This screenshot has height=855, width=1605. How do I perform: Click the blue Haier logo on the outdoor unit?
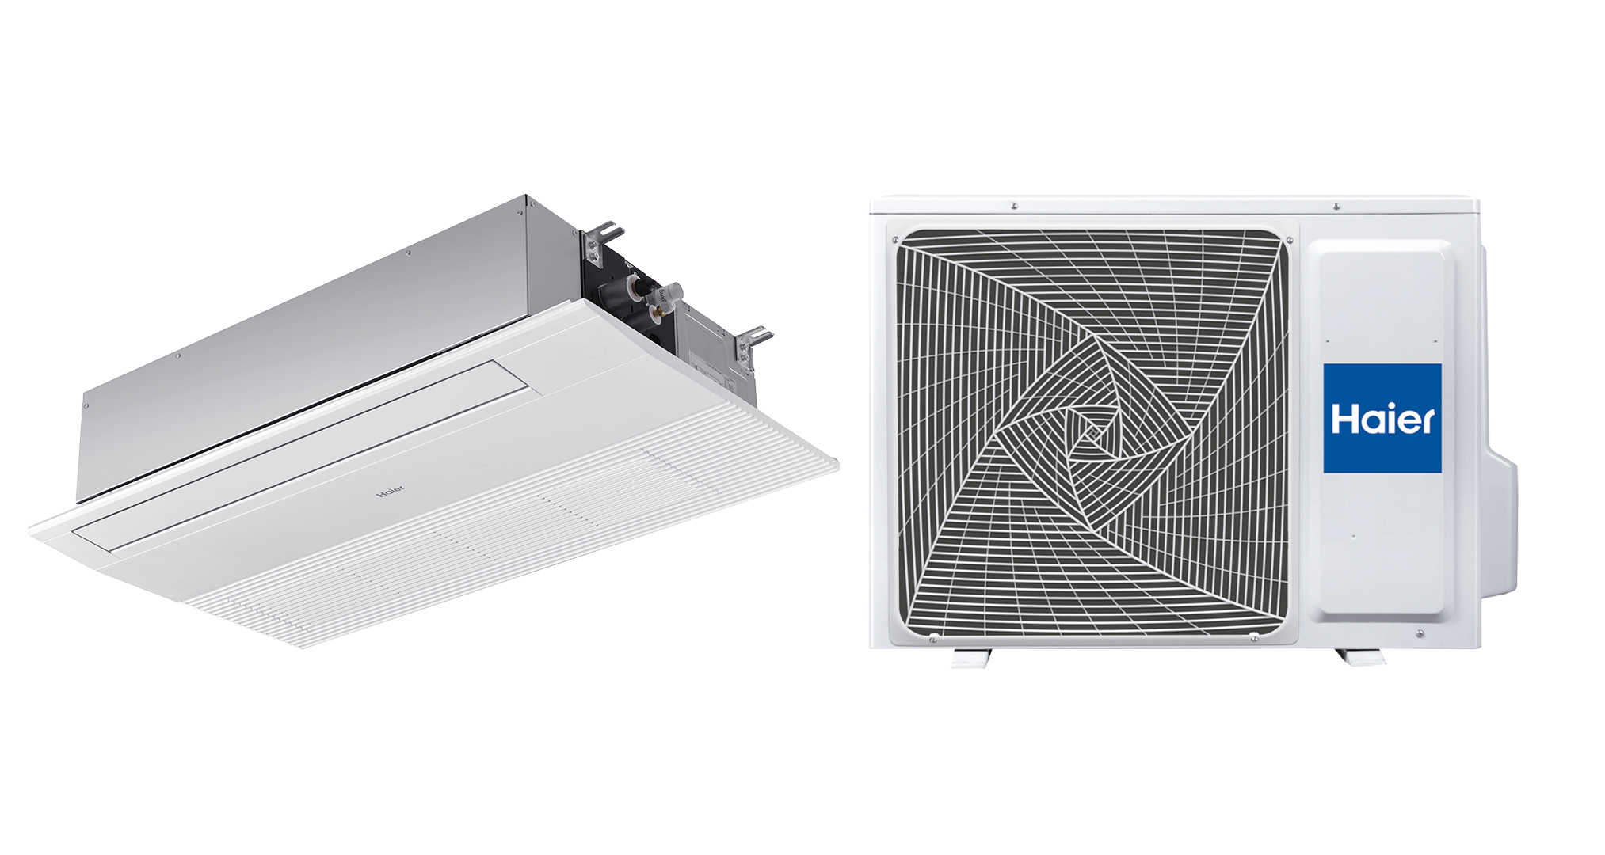1382,418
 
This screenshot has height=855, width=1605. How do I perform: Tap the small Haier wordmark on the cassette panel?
390,491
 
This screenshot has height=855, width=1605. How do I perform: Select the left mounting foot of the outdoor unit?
972,658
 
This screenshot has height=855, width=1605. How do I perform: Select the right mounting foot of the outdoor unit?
1359,656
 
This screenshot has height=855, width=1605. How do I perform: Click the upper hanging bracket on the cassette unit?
601,241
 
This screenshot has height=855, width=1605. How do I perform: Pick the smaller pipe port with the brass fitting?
657,315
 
